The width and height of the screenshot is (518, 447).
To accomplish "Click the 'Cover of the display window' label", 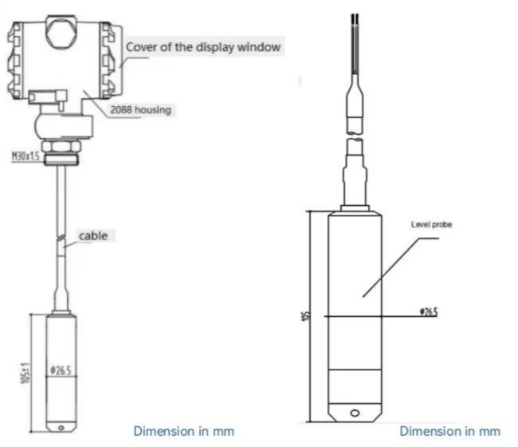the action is click(x=203, y=47).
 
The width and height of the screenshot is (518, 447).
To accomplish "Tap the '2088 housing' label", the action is click(x=141, y=109).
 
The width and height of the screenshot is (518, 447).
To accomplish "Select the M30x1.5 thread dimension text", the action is click(x=26, y=156).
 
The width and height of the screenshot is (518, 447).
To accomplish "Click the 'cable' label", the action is click(x=93, y=236).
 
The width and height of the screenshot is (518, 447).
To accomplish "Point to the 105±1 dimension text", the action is click(x=26, y=373).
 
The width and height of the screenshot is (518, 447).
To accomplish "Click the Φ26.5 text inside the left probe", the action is click(x=61, y=370).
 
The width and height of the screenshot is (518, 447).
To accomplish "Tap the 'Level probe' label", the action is click(x=431, y=224).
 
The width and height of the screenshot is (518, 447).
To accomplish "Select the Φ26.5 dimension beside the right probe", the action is click(x=429, y=311).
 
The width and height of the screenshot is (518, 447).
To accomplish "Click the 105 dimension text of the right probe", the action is click(x=307, y=315).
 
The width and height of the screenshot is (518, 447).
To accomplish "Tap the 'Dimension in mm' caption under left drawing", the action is click(x=184, y=431).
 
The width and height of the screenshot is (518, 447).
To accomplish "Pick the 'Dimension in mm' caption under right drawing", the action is click(x=450, y=431).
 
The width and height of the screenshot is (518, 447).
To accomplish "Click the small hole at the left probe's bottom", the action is click(x=61, y=428).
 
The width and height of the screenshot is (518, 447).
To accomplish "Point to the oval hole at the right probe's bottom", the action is click(x=355, y=413).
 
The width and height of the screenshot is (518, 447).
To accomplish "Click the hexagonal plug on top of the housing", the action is click(x=61, y=32).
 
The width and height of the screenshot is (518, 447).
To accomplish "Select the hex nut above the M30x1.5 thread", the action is click(x=61, y=146).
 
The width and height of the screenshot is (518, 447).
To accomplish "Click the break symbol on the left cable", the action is click(x=61, y=239).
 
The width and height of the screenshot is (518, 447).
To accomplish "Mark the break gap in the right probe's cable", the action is click(x=355, y=136).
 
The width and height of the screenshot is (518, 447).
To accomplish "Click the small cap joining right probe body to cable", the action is click(x=355, y=208).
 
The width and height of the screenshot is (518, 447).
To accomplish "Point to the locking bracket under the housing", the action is click(x=48, y=98).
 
